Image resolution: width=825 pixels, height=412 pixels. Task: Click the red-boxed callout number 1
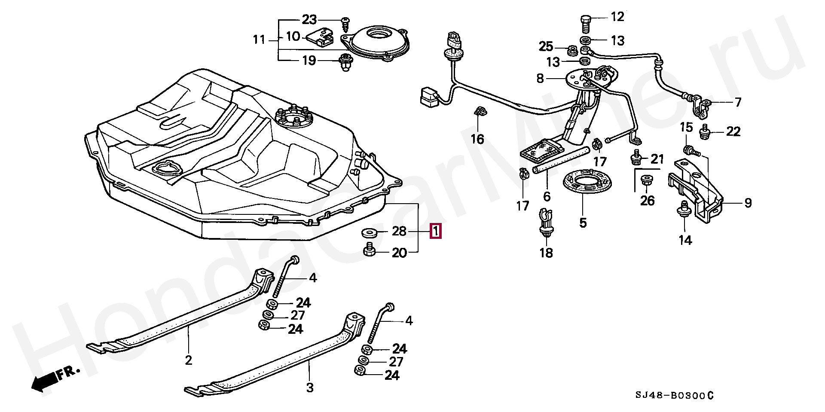[x=436, y=231]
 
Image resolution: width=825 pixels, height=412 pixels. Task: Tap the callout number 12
[x=617, y=17]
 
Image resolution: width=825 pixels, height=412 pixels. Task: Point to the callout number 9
[x=748, y=203]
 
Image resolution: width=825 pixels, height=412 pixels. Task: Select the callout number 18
[x=547, y=253]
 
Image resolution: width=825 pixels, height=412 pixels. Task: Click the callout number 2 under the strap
[x=188, y=360]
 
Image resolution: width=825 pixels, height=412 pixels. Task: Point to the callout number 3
[x=310, y=388]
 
